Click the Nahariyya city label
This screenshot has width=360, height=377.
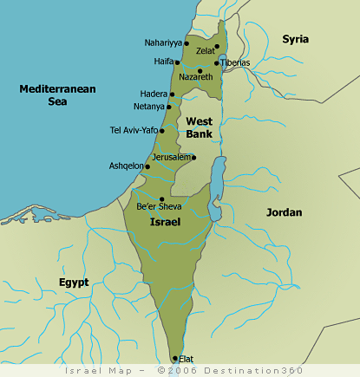[x=162, y=42]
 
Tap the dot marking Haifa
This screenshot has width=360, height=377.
[x=177, y=62]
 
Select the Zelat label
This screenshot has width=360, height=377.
[x=205, y=51]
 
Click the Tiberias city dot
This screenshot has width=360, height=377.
[x=216, y=63]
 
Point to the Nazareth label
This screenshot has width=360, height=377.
[x=195, y=77]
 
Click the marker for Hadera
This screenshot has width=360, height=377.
[x=172, y=94]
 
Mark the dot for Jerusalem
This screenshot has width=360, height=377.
[x=193, y=158]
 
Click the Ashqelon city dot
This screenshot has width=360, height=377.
[x=147, y=166]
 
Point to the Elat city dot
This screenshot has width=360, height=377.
[x=174, y=358]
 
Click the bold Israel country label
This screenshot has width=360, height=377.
[x=165, y=223]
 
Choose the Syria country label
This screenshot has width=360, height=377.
[x=295, y=39]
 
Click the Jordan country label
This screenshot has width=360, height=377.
[x=284, y=212]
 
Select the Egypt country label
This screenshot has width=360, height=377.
[x=74, y=283]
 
